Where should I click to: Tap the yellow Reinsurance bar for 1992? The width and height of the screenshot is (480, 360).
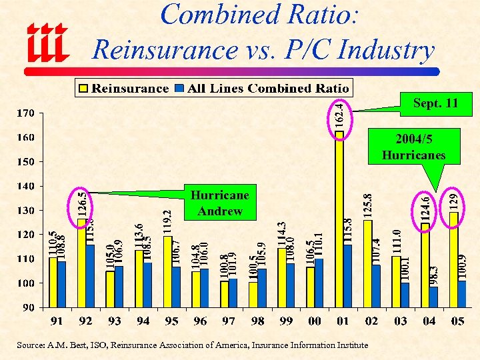point(82,263)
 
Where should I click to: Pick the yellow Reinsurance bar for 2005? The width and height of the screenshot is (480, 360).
point(453,259)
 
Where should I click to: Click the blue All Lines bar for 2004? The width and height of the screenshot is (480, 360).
point(434,297)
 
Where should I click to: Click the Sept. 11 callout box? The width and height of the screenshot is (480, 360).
point(435,103)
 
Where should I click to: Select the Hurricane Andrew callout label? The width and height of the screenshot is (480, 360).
point(219,203)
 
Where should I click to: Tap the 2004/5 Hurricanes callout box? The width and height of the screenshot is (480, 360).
point(413,147)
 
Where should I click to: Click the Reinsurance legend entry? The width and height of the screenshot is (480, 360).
point(123,88)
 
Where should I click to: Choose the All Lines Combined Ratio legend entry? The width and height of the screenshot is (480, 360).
point(262,88)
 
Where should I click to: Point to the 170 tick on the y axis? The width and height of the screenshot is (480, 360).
point(26,113)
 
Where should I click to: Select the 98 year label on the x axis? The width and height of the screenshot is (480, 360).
point(257,321)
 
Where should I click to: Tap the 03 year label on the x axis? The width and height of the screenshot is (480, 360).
point(400,321)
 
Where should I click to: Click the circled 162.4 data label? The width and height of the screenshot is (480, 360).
point(339,115)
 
